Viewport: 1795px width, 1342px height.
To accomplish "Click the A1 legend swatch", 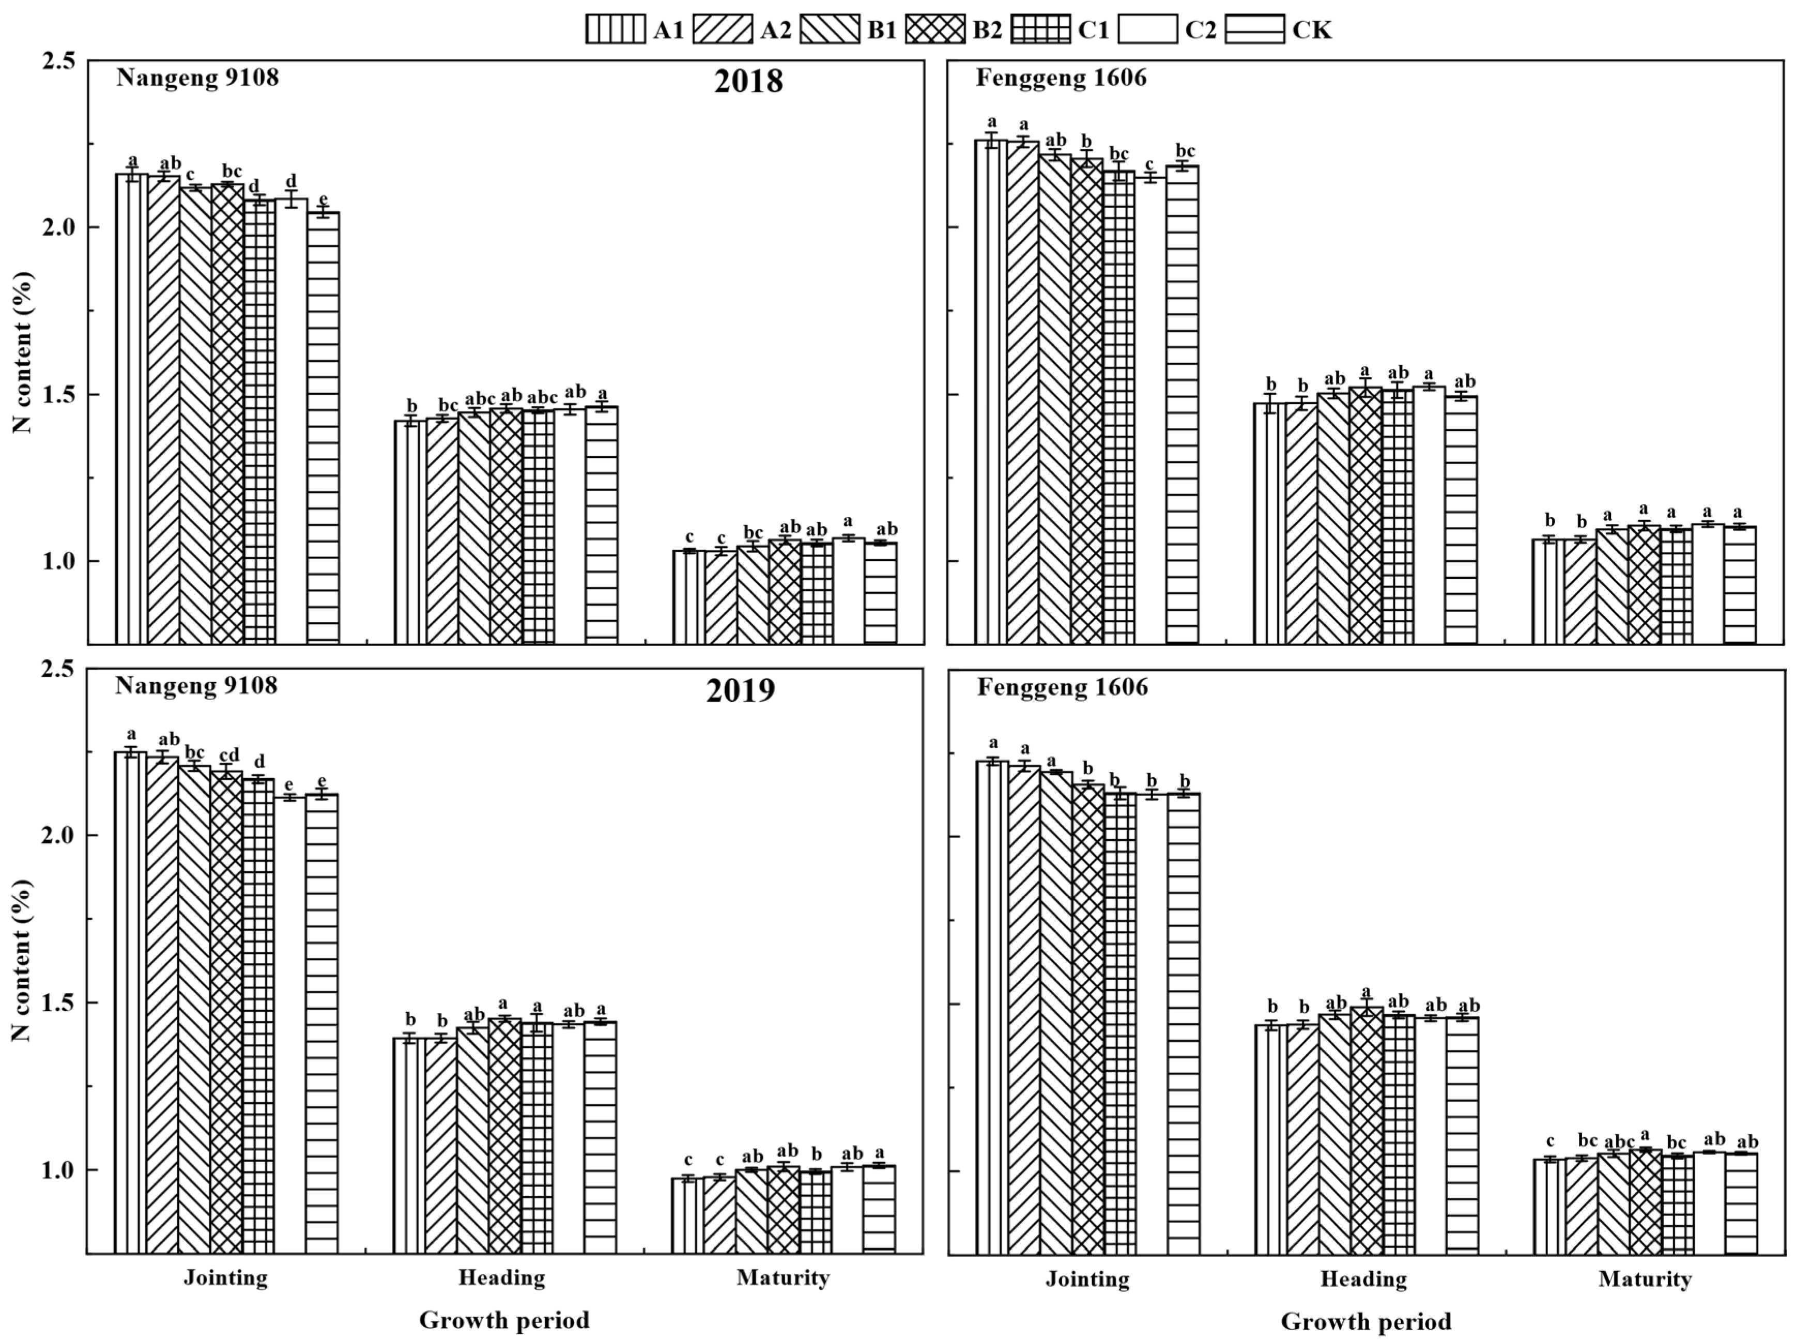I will point(615,30).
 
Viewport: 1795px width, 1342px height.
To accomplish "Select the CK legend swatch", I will point(1254,30).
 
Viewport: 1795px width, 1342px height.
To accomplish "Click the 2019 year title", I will point(740,690).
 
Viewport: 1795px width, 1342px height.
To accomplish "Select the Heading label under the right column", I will point(1363,1279).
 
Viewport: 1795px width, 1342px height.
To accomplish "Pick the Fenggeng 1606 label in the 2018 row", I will point(1061,78).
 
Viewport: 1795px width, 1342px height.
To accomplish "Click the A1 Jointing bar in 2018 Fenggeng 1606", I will point(991,390).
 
